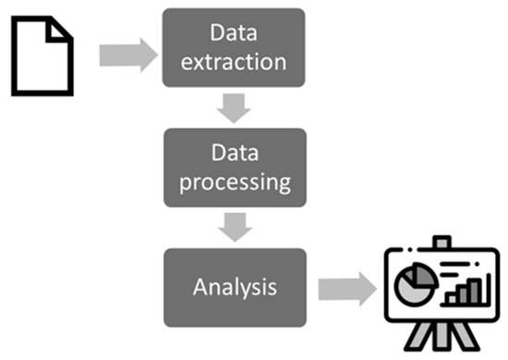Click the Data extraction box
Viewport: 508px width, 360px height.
233,49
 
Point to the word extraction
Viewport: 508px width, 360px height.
233,64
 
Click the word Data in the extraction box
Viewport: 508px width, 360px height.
233,35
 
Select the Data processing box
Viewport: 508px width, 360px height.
235,166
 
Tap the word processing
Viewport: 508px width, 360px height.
235,181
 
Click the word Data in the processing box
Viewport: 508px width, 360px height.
235,151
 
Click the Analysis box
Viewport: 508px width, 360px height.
235,286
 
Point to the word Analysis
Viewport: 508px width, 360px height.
235,286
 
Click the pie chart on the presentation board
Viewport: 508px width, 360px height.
409,288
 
